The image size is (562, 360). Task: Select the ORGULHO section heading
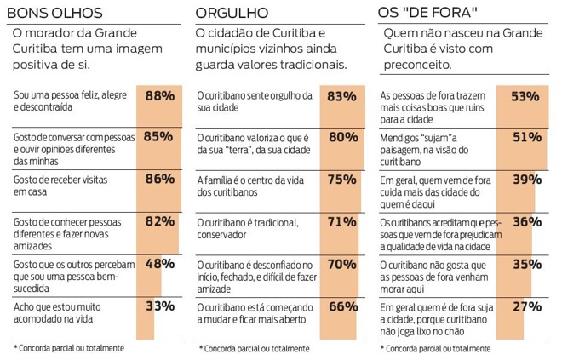[x=232, y=13]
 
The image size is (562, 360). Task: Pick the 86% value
[x=159, y=179]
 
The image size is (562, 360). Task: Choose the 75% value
[x=341, y=179]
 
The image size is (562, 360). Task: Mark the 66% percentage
[x=341, y=306]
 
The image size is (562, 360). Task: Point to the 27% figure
[x=526, y=306]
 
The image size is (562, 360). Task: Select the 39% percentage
[x=526, y=179]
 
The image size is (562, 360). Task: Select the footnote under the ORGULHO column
[x=255, y=348]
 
